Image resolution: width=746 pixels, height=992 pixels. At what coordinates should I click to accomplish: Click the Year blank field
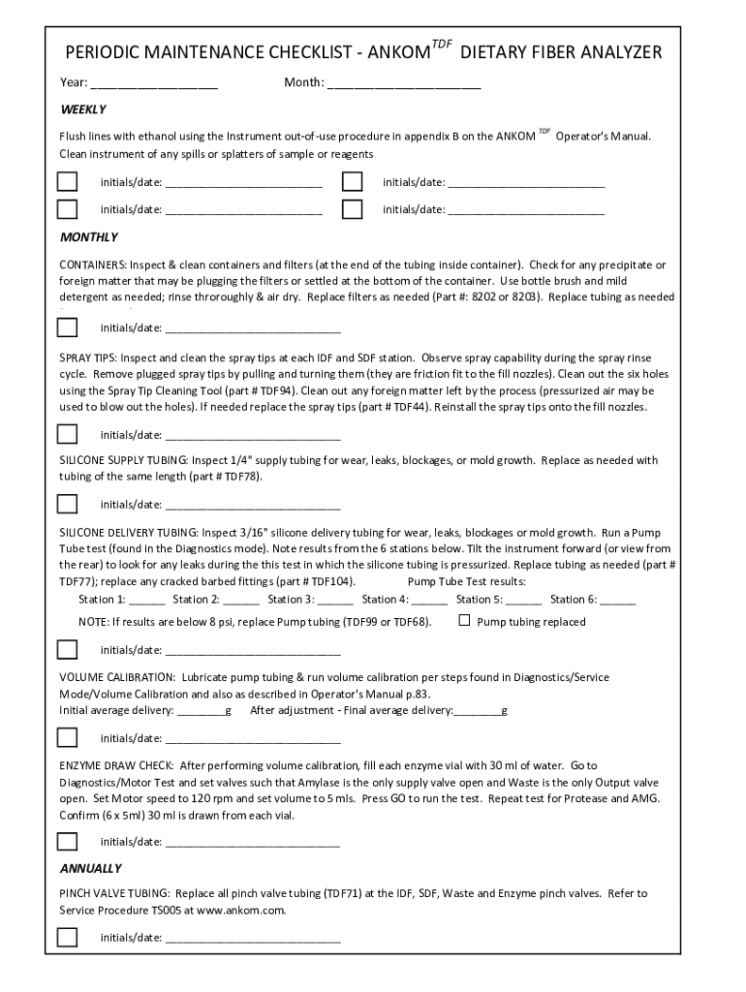[154, 83]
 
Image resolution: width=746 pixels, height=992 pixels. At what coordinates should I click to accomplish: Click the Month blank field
[403, 83]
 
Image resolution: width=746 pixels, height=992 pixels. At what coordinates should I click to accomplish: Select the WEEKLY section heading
[83, 109]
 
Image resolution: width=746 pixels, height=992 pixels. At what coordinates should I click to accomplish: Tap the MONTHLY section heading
[89, 237]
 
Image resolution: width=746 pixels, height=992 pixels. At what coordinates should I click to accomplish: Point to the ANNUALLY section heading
[91, 868]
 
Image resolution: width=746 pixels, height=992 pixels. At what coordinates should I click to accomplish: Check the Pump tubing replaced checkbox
[464, 621]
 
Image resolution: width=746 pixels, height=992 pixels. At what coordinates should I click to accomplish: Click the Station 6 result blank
[618, 601]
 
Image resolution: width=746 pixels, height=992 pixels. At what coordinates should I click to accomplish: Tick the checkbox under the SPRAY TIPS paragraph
[67, 433]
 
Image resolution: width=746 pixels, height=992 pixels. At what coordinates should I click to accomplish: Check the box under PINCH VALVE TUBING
[67, 937]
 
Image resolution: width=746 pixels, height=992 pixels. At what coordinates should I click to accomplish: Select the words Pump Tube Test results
[467, 581]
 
